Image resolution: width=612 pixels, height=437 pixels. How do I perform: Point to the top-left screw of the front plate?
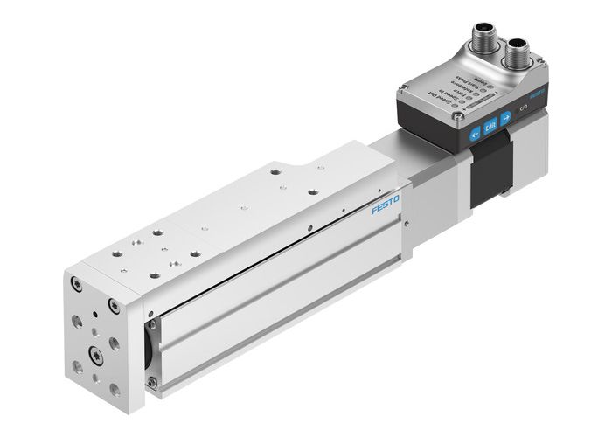(x=78, y=283)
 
